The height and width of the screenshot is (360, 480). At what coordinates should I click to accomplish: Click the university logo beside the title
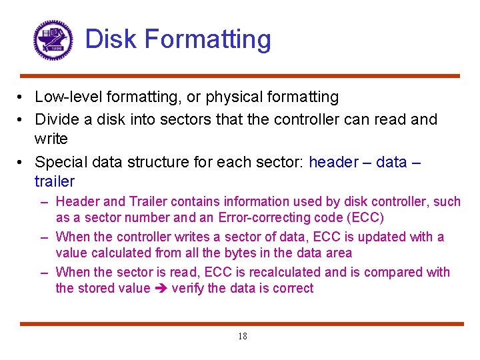(x=53, y=40)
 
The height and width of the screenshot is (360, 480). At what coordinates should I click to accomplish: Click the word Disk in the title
(x=111, y=39)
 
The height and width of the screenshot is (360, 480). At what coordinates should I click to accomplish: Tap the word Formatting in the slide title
(x=208, y=39)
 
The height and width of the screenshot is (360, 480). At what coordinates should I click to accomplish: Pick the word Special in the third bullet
(x=61, y=162)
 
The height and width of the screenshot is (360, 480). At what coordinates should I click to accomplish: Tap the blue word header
(x=335, y=162)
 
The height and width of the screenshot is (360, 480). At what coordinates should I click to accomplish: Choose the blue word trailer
(x=55, y=181)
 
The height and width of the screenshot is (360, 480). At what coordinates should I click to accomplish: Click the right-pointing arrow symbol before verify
(x=161, y=289)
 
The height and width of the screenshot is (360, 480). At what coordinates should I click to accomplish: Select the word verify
(x=187, y=289)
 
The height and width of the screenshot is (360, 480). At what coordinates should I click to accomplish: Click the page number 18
(x=242, y=337)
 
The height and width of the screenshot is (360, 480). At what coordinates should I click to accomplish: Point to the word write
(x=51, y=139)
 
